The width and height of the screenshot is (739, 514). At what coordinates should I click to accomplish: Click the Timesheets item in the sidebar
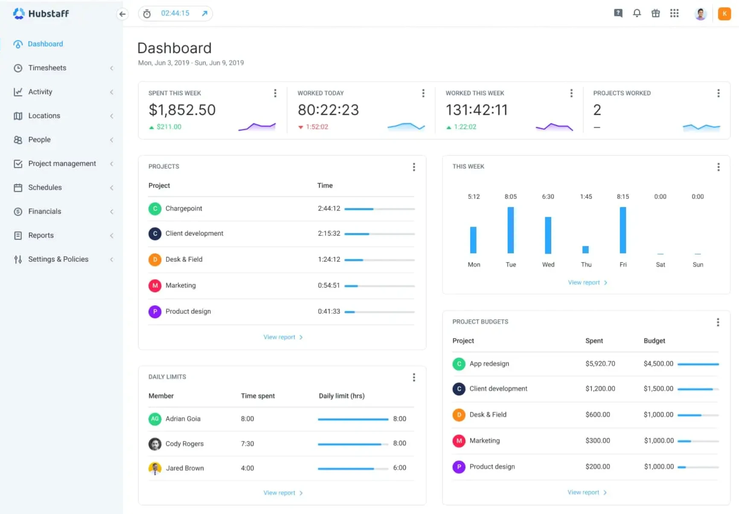[47, 68]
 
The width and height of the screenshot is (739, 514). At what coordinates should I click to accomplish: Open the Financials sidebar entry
[44, 211]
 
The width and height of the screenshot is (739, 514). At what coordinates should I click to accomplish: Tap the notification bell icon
[637, 13]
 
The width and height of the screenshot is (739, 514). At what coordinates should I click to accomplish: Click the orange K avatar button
[724, 14]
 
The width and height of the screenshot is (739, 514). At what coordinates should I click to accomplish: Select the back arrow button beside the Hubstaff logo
[122, 14]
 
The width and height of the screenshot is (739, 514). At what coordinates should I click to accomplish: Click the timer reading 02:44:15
[175, 14]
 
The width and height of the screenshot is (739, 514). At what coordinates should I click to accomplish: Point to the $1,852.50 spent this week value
[182, 110]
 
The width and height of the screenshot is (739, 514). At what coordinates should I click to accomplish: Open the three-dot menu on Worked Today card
[423, 93]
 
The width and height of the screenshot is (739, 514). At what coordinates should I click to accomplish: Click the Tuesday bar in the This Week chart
[510, 230]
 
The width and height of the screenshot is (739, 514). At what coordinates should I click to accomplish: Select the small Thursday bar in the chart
[585, 249]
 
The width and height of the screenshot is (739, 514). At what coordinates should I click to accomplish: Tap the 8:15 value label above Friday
[623, 197]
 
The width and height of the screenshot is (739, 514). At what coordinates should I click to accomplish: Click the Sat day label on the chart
[660, 265]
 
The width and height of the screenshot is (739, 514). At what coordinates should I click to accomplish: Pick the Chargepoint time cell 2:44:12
[329, 209]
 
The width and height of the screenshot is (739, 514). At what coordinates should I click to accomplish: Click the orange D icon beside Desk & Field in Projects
[155, 260]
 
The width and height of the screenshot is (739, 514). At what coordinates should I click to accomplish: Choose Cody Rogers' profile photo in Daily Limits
[155, 444]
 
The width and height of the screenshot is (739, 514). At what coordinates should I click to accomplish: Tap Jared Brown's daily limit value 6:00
[399, 468]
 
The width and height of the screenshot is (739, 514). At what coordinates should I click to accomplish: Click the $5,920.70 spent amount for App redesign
[600, 364]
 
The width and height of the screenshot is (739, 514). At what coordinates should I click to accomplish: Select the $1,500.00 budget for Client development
[658, 389]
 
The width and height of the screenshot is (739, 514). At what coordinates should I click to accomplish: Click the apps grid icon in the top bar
[674, 13]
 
